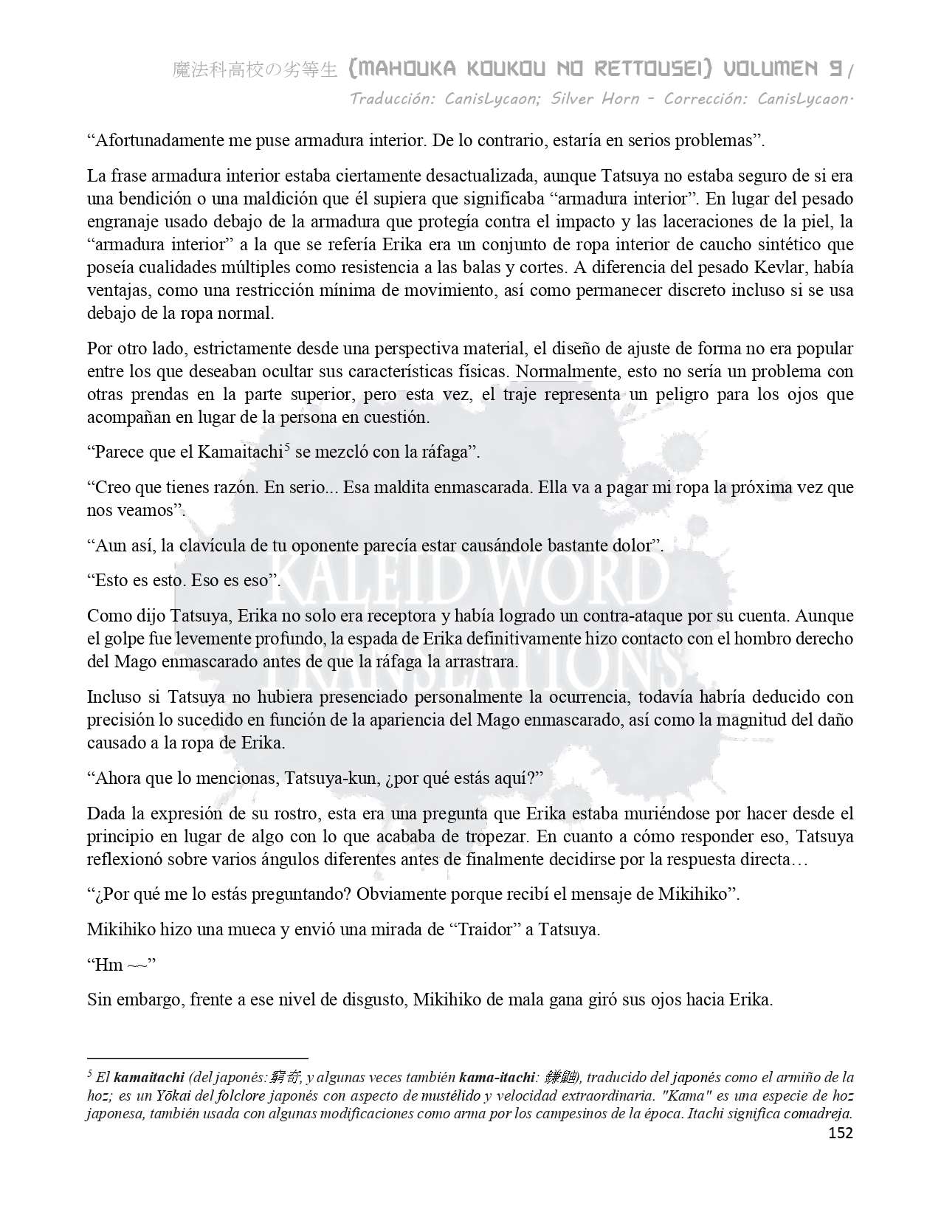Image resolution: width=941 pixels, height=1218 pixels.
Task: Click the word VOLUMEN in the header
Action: [772, 69]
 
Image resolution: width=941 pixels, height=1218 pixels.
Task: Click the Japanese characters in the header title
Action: [255, 70]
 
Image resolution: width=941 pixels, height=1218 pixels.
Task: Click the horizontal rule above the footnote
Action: [197, 1057]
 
